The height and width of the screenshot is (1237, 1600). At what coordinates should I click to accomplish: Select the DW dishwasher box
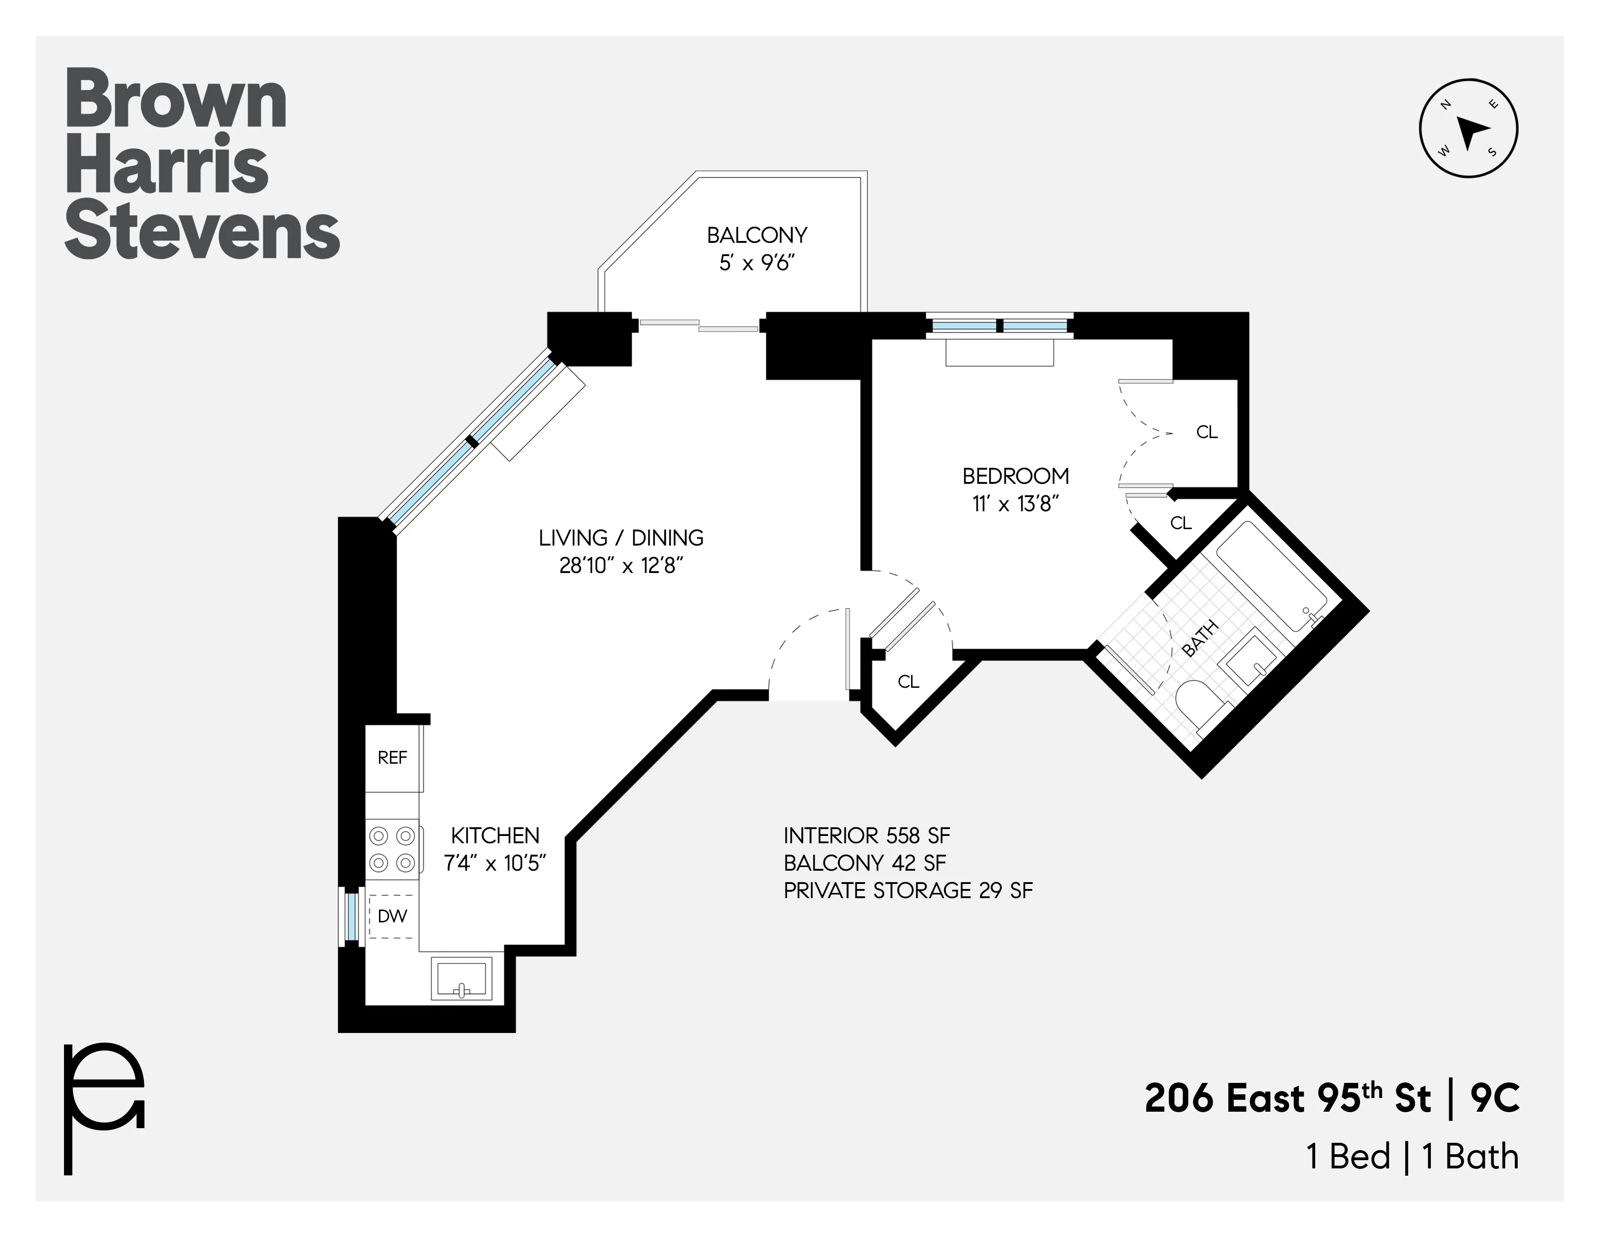(x=393, y=916)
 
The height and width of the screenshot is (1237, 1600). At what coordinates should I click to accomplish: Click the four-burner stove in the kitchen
(x=392, y=849)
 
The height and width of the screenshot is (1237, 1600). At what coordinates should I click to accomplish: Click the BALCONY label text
(x=757, y=235)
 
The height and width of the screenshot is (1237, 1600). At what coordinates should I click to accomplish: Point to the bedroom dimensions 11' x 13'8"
(x=1016, y=504)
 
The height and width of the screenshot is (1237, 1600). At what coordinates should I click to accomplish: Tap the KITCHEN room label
(x=495, y=835)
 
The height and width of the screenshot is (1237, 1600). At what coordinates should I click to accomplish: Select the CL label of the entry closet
(x=908, y=681)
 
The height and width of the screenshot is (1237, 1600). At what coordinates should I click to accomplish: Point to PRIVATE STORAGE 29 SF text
(x=908, y=890)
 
